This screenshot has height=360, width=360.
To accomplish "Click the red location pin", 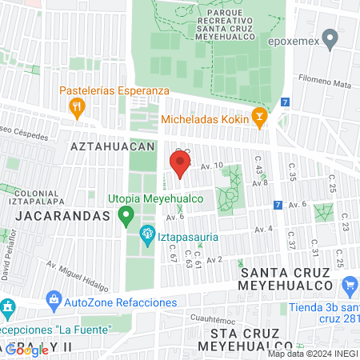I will (x=179, y=165).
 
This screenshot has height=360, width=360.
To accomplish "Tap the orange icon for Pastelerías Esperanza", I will (x=78, y=106).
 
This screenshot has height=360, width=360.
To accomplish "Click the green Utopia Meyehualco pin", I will (x=125, y=215).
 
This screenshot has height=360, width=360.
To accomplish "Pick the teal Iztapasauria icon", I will (x=147, y=235).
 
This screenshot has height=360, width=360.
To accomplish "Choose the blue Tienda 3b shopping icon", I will (x=349, y=286).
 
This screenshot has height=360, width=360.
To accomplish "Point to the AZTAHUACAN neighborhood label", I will (x=111, y=147).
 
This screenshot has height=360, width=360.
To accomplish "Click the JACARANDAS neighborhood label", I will (x=60, y=216).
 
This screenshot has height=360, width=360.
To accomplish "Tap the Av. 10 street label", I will (x=211, y=166).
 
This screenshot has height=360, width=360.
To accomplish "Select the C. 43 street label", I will (x=258, y=166).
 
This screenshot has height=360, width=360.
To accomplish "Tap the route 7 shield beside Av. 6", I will (x=277, y=205).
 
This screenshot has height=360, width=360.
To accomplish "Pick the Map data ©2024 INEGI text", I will (x=312, y=354).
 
